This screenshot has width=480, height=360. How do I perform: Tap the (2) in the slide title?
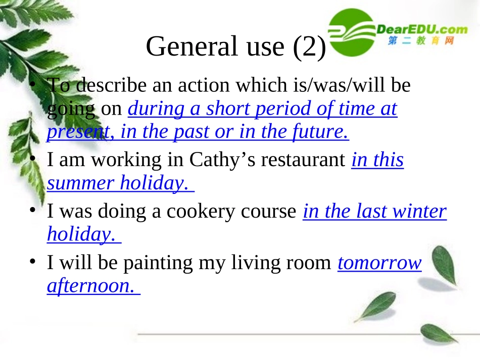(x=308, y=47)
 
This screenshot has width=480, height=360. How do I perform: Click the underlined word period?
(x=289, y=109)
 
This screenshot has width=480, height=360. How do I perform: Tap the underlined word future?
(x=321, y=132)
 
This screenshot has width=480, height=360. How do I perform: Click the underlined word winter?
(x=421, y=212)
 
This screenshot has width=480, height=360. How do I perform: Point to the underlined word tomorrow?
(x=379, y=263)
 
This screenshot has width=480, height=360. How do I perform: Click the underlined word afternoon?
(x=90, y=286)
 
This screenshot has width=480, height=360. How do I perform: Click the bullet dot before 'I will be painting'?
(x=33, y=262)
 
